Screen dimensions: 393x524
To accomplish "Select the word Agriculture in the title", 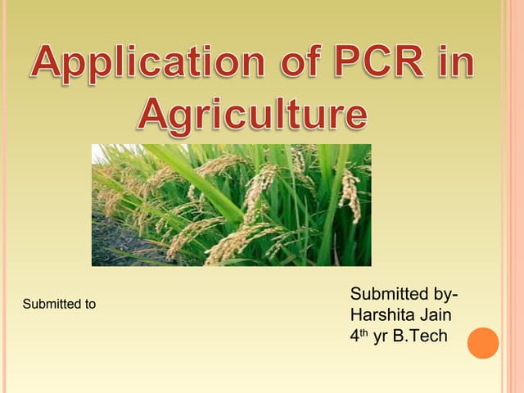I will pos(252,115).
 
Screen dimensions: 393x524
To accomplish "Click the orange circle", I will pos(482,343).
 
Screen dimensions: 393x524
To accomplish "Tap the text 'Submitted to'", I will pos(59,305).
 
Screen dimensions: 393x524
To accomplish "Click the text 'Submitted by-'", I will pos(404,294).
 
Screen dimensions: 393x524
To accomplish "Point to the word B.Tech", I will pos(420,336).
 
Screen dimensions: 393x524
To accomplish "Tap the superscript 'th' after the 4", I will pos(365,332).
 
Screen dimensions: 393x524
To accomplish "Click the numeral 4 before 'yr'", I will pos(355,336).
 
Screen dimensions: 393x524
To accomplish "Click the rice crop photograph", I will pos(231,205).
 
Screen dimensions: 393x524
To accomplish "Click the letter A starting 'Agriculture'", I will pos(152,114).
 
